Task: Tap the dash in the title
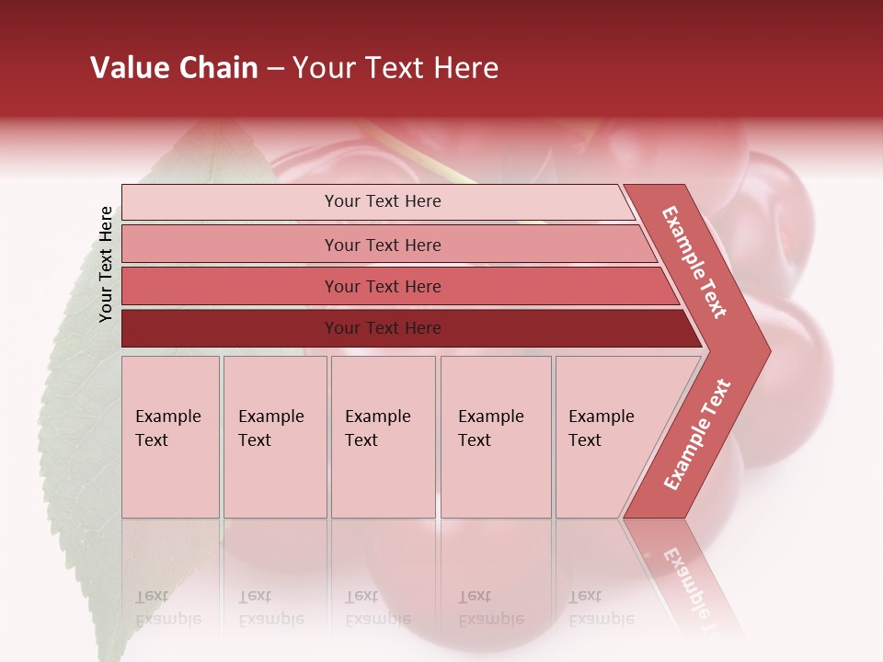pos(275,69)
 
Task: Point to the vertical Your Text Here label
pos(106,265)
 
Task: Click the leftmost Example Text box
pos(170,437)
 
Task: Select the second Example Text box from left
pos(274,437)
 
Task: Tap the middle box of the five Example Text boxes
pos(383,437)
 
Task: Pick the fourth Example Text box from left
pos(495,437)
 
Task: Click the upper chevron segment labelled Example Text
pos(695,262)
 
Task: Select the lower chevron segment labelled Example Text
pos(695,435)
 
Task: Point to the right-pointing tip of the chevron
pos(767,350)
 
